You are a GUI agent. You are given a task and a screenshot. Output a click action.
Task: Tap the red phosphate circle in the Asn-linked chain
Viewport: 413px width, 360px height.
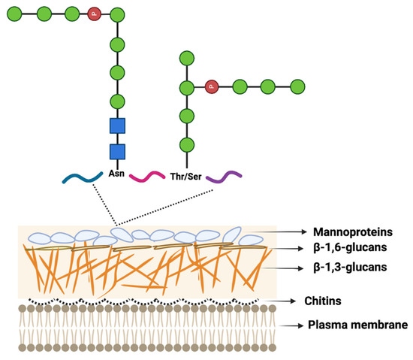pos(94,14)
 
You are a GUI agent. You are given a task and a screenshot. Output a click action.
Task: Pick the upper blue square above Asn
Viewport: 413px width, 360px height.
pos(117,126)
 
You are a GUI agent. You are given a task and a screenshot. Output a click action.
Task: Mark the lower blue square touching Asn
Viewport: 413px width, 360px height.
pos(117,153)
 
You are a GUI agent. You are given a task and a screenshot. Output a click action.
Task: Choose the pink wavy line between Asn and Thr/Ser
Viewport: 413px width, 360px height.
pos(147,177)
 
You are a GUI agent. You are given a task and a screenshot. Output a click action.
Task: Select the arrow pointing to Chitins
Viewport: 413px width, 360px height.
pos(282,300)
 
